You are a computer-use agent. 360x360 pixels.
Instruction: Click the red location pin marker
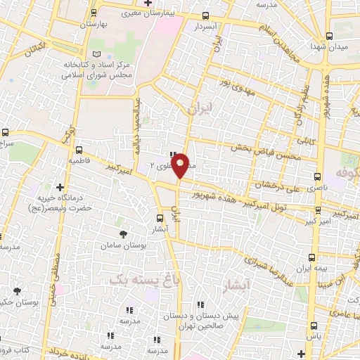point(181,165)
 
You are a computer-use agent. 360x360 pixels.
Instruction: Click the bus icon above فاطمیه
point(79,150)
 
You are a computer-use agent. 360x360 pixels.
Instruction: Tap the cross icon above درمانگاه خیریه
point(61,188)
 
